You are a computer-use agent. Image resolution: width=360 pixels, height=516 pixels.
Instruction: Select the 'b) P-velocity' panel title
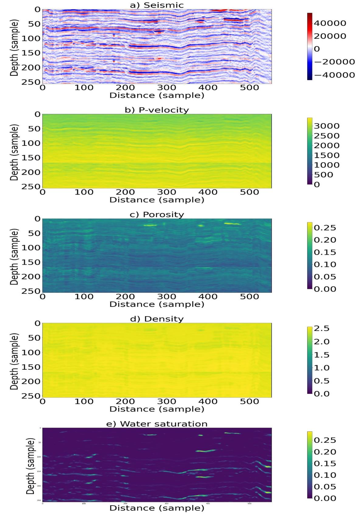click(x=157, y=110)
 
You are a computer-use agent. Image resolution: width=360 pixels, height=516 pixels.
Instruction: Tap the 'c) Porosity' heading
click(x=157, y=214)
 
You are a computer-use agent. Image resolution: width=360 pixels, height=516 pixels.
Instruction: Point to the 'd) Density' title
click(x=157, y=319)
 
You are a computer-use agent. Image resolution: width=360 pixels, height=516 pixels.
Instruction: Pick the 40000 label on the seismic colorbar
click(x=330, y=23)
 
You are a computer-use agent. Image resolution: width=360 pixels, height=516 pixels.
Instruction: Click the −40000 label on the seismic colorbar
click(x=334, y=75)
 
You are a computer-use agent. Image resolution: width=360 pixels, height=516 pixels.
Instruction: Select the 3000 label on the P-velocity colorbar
click(x=327, y=126)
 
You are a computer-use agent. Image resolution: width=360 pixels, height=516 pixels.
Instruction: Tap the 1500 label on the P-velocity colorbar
click(x=327, y=155)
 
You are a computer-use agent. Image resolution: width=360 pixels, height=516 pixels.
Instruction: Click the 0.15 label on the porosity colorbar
click(x=325, y=252)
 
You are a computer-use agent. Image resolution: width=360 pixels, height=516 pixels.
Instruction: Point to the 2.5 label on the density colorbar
click(x=321, y=328)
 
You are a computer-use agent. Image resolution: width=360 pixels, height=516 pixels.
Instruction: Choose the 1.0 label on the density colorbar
click(x=321, y=368)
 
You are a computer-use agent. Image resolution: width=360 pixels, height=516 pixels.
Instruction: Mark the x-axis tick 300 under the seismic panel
click(x=167, y=88)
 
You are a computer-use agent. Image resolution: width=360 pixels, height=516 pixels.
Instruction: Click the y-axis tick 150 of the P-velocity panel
click(x=31, y=158)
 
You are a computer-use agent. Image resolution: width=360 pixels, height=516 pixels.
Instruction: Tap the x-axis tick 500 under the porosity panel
click(x=249, y=297)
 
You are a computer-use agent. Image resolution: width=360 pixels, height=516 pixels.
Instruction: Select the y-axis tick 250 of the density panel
click(x=31, y=396)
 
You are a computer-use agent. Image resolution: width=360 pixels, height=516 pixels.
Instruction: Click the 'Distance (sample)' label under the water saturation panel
click(x=157, y=508)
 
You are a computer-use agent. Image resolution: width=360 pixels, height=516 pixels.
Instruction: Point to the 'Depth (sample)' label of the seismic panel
click(x=14, y=48)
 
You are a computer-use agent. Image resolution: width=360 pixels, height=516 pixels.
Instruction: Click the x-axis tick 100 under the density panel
click(x=84, y=401)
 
